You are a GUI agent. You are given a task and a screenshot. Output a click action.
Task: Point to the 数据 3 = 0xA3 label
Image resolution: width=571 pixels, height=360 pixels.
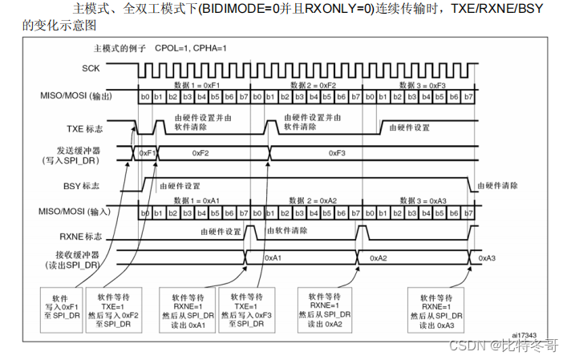423,200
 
